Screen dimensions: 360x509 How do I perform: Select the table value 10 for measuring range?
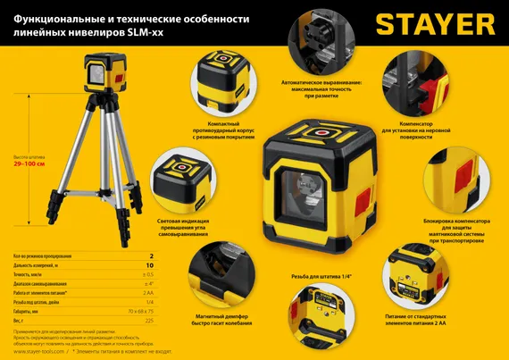(x=150, y=266)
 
